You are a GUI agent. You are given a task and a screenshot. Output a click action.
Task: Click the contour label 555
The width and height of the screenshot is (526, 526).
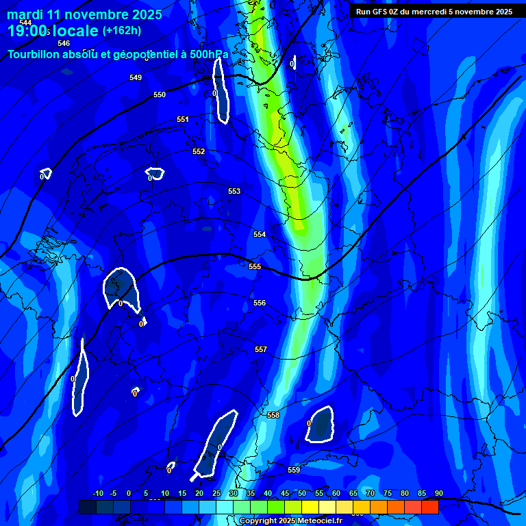point(255,266)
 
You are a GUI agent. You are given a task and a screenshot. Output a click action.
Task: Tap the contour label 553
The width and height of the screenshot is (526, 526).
point(234,191)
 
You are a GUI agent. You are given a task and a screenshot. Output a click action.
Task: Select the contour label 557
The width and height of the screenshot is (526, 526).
point(261,349)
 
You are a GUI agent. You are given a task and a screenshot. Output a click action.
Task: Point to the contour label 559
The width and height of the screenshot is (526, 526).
point(294,470)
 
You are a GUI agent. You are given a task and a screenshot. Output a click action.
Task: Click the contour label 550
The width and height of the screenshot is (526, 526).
point(160,95)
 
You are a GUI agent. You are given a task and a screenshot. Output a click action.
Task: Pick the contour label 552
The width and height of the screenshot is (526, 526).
point(199,151)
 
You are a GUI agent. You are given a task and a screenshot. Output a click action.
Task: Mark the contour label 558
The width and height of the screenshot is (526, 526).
point(273,415)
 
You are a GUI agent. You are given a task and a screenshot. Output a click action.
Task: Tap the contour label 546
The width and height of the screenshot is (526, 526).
point(64,43)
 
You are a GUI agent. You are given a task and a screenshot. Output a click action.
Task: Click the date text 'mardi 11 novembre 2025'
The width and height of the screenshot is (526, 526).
point(85,14)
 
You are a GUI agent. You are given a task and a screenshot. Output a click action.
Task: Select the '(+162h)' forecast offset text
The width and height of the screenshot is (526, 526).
point(122,30)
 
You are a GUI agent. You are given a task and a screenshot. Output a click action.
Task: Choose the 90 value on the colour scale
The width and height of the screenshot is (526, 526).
point(438,493)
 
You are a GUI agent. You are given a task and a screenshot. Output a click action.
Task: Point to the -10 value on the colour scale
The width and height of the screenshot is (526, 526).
point(97,493)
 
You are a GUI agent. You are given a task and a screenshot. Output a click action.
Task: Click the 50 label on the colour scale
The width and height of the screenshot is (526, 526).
point(301,493)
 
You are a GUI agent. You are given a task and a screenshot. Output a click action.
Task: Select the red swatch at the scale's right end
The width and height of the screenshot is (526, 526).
point(429,507)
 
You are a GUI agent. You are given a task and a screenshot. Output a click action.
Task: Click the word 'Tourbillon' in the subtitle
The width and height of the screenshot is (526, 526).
point(34,55)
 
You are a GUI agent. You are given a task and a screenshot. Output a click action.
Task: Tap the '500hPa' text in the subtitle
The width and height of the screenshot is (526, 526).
point(209,55)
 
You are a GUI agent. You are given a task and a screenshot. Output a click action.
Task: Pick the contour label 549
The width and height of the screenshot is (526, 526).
point(136,77)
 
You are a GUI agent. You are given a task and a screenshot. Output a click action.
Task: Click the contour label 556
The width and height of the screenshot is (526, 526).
point(260,303)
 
